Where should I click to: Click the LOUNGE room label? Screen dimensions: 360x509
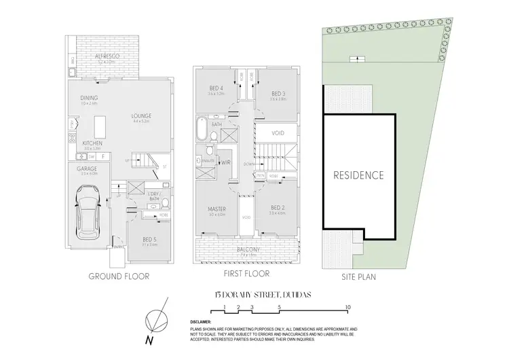tap(141, 116)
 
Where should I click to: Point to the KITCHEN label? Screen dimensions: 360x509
tap(92, 144)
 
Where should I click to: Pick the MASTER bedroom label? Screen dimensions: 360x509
tap(217, 209)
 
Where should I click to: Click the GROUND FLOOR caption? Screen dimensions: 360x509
tap(118, 276)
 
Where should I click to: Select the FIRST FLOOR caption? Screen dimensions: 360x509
tap(246, 274)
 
